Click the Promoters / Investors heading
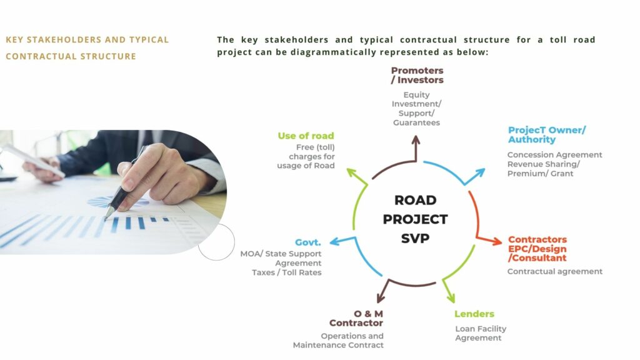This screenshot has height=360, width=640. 417,76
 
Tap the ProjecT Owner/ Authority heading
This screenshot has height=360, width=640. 546,135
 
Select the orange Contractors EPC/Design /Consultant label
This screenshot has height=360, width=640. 537,249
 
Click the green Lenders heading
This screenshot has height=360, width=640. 474,314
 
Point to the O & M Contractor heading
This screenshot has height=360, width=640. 356,318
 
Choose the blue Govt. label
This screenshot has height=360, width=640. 307,242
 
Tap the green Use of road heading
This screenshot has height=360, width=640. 306,136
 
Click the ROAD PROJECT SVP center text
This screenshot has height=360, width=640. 415,219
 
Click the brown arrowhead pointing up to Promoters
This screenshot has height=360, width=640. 416,140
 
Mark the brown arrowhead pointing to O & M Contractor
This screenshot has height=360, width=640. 381,297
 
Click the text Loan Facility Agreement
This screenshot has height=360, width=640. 481,334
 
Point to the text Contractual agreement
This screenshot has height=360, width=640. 555,271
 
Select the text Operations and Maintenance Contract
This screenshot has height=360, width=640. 338,341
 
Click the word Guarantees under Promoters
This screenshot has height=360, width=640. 416,123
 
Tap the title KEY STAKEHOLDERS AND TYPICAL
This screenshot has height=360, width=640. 87,40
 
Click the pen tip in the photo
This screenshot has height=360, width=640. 106,218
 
